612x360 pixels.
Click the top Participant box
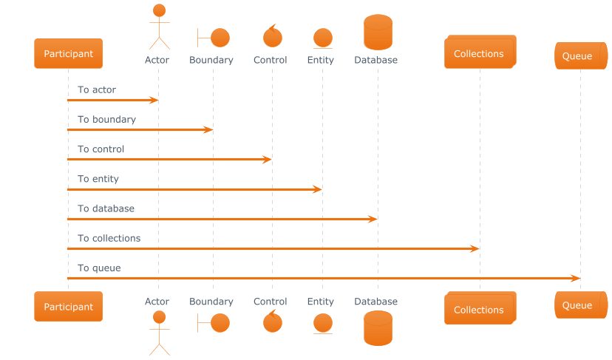pyautogui.click(x=68, y=53)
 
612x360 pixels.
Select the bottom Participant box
pyautogui.click(x=68, y=306)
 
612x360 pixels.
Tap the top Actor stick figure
pyautogui.click(x=158, y=27)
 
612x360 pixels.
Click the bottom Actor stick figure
pyautogui.click(x=158, y=333)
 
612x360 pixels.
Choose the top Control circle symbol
pyautogui.click(x=273, y=36)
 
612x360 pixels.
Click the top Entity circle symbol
pyautogui.click(x=322, y=38)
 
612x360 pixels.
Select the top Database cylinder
pyautogui.click(x=378, y=33)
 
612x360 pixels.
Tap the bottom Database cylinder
pyautogui.click(x=378, y=328)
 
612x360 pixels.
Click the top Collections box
pyautogui.click(x=479, y=53)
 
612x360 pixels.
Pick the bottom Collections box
pyautogui.click(x=479, y=309)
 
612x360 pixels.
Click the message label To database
pyautogui.click(x=106, y=209)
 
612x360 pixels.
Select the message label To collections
pyautogui.click(x=109, y=239)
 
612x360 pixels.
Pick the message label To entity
pyautogui.click(x=98, y=179)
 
